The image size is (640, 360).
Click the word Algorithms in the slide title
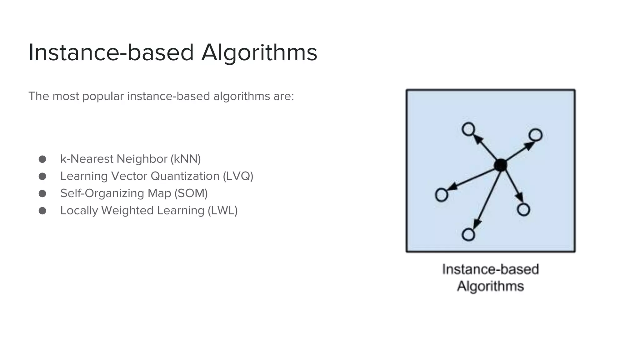click(259, 52)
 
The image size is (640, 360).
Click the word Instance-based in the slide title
click(111, 52)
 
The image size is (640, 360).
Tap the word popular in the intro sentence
click(103, 96)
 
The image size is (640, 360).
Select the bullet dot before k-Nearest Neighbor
click(42, 159)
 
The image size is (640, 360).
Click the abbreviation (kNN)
click(186, 159)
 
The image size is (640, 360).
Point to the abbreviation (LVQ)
click(238, 176)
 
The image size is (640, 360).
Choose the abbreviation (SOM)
click(191, 193)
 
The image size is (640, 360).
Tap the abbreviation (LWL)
click(222, 211)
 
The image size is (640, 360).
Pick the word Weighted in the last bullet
click(127, 211)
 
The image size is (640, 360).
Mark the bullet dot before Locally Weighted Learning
click(42, 211)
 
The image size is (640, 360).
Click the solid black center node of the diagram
click(501, 165)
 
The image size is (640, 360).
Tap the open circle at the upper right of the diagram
click(536, 135)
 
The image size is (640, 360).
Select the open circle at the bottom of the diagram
click(468, 234)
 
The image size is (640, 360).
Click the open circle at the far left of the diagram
click(441, 195)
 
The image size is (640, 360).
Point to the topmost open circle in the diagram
click(468, 129)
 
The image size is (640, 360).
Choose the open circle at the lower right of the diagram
click(523, 210)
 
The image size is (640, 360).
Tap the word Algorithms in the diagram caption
click(490, 286)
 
